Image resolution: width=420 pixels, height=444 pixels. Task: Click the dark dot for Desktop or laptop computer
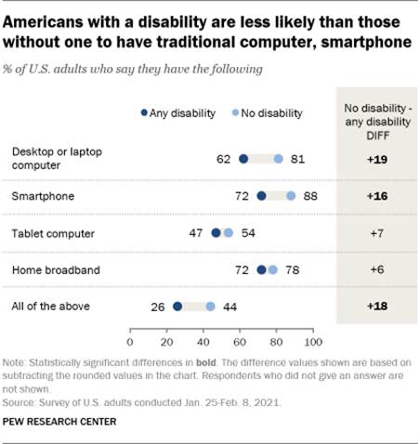tap(243, 159)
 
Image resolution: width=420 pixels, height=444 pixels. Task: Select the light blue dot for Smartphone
tap(292, 196)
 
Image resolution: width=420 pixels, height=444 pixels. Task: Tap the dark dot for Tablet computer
tap(217, 233)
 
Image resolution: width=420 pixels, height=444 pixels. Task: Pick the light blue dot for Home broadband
tap(273, 270)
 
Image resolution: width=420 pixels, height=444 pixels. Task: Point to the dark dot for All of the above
tap(177, 307)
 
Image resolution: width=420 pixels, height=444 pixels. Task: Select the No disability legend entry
tap(264, 113)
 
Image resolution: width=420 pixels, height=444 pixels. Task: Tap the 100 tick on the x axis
tap(312, 330)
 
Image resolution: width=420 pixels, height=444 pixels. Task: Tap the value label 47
tap(197, 233)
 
